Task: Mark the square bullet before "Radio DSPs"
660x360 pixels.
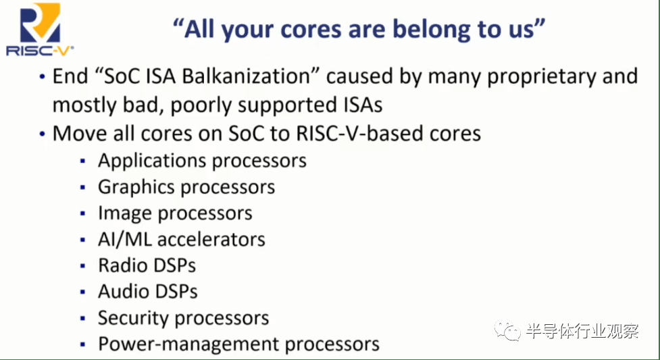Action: click(x=82, y=266)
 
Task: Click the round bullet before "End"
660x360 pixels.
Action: click(x=43, y=77)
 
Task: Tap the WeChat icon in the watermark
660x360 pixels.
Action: click(x=507, y=331)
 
